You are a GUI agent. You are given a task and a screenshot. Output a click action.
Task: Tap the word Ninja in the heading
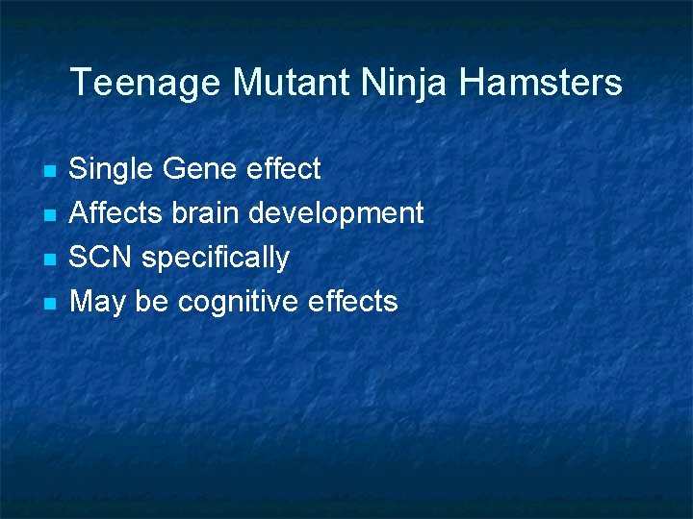tap(405, 83)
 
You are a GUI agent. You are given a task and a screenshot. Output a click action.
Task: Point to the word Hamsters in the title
tap(541, 83)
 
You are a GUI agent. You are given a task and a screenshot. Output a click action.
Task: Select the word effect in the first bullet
tap(284, 169)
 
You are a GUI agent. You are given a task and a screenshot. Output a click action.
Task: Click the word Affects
tap(116, 212)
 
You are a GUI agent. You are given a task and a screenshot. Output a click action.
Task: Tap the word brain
tap(206, 212)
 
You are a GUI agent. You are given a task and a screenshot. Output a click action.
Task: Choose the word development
tap(336, 213)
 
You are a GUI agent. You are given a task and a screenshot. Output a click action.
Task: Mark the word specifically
tap(216, 259)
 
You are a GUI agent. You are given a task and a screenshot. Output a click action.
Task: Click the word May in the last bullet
tap(97, 303)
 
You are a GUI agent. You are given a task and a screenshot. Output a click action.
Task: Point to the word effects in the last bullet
tap(352, 302)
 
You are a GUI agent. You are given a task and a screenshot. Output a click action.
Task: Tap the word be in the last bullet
tap(151, 302)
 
